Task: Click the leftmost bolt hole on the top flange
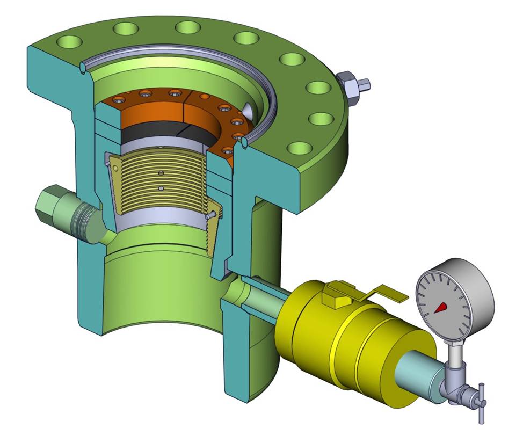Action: (x=71, y=41)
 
